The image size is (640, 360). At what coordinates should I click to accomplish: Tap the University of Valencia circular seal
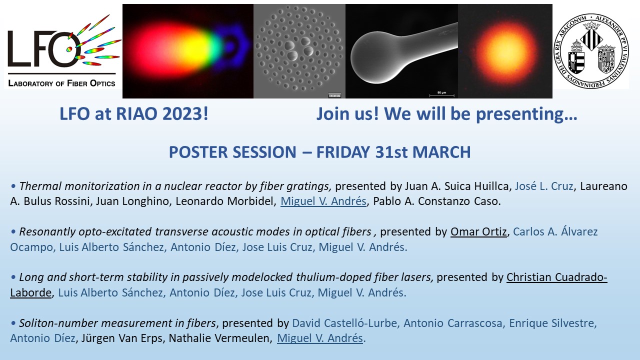[591, 50]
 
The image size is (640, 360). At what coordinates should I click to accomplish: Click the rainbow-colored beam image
[188, 51]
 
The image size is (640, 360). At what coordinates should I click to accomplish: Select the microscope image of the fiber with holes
[299, 51]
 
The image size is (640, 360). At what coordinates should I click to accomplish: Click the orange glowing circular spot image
[505, 51]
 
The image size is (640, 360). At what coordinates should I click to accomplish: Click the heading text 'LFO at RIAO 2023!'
[134, 113]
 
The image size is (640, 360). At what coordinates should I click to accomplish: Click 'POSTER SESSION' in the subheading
[232, 152]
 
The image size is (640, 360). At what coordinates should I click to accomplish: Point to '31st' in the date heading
[391, 152]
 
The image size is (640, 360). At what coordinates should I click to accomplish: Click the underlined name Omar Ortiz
[478, 231]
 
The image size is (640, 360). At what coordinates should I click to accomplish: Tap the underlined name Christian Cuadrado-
[557, 277]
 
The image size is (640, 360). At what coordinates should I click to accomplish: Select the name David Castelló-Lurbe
[344, 323]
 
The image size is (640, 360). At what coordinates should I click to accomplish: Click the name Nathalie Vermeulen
[219, 338]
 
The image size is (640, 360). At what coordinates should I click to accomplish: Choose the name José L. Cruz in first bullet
[544, 186]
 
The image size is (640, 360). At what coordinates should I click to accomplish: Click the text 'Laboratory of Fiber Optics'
[61, 83]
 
